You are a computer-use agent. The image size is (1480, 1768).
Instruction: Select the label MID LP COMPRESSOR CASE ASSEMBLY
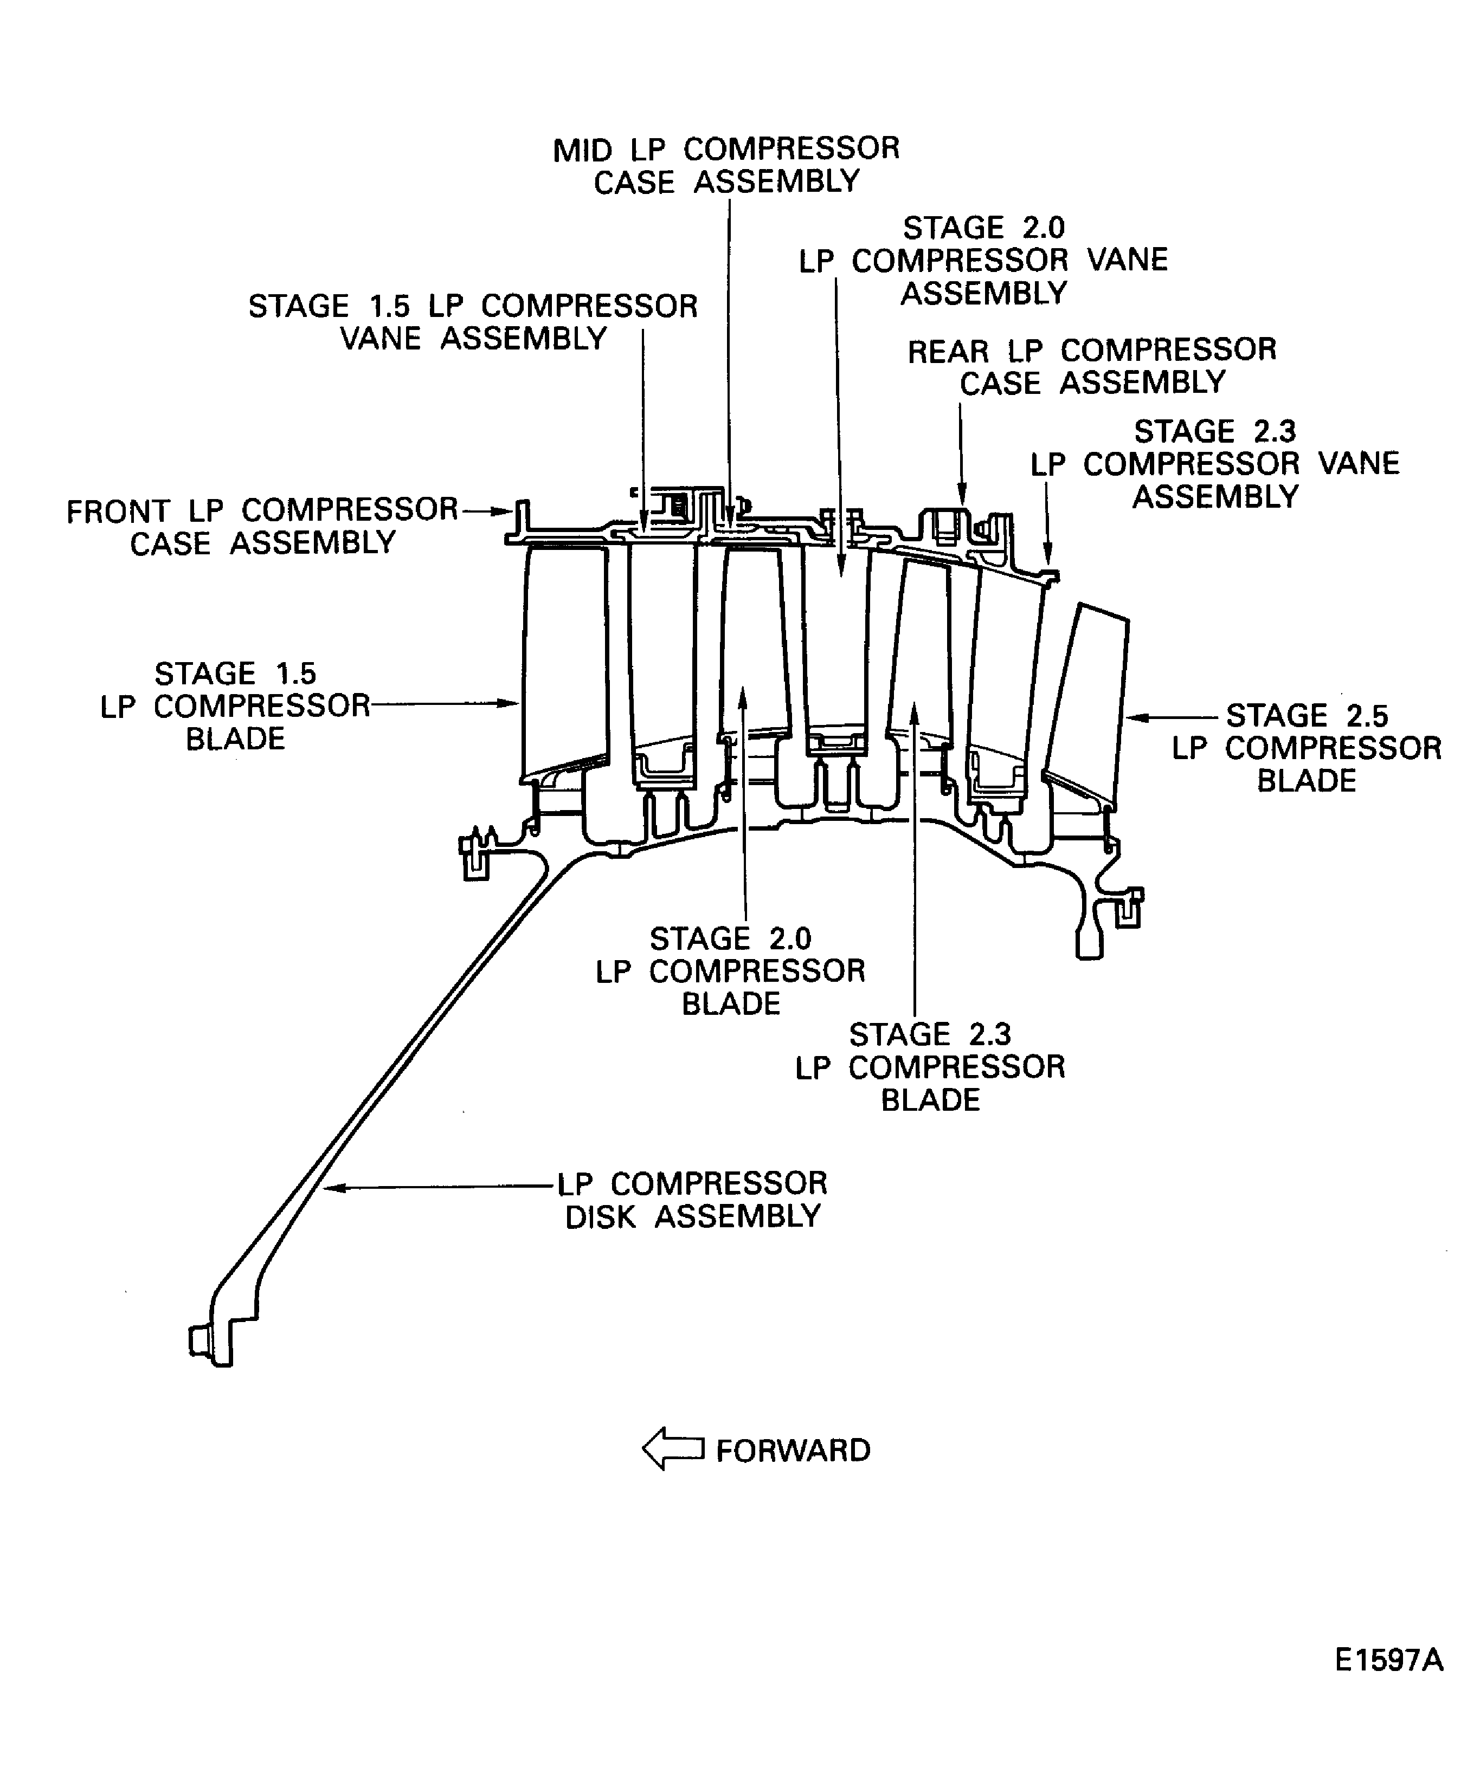coord(726,165)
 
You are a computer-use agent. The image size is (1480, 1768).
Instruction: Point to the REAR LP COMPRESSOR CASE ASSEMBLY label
coord(1092,366)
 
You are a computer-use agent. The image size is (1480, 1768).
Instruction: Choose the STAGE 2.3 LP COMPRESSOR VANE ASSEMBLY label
coord(1215,464)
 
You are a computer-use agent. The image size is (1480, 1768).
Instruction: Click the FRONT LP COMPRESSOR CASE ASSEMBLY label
coord(262,526)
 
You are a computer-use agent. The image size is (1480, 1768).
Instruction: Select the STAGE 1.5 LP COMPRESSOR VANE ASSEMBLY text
coord(473,322)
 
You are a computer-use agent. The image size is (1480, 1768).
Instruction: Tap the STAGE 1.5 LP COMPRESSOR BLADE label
coord(235,705)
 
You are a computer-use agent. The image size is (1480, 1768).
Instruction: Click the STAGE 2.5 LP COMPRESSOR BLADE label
coord(1307,748)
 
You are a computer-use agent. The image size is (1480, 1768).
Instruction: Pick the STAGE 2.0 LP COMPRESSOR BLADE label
coord(730,971)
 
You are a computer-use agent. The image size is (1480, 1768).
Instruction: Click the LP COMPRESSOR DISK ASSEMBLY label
coord(692,1199)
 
